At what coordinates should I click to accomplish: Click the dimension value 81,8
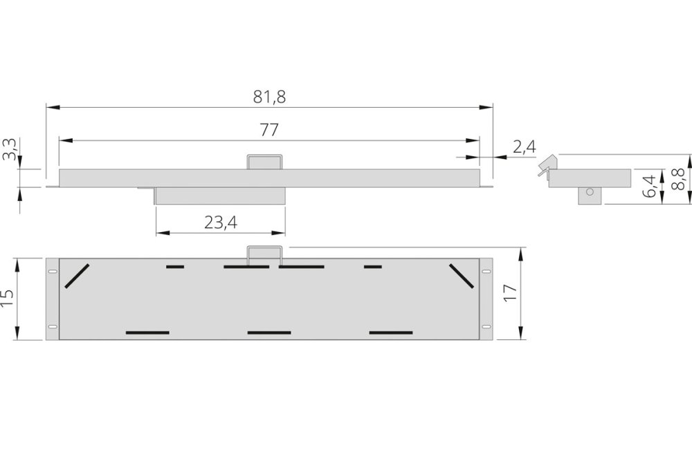click(269, 97)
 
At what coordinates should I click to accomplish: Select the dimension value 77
click(269, 130)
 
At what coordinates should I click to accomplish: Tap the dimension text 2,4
click(525, 146)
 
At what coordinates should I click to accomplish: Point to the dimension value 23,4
click(221, 222)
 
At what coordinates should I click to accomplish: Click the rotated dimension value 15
click(9, 299)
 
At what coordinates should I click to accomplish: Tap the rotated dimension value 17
click(510, 293)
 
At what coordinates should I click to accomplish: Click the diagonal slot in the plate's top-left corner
click(77, 276)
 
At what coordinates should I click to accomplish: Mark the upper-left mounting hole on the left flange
click(52, 271)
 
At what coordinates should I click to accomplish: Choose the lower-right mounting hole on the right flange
click(486, 326)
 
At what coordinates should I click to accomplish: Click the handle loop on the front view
click(265, 162)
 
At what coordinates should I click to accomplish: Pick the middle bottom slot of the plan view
click(269, 332)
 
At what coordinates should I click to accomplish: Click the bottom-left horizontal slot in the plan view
click(147, 332)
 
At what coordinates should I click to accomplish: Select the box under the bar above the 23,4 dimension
click(220, 196)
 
